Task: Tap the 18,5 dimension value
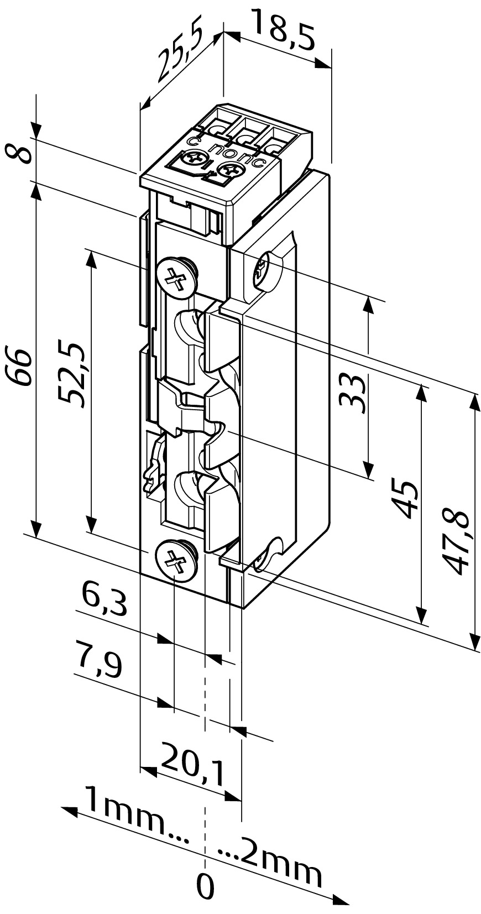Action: point(283,30)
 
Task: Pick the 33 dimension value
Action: point(353,394)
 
